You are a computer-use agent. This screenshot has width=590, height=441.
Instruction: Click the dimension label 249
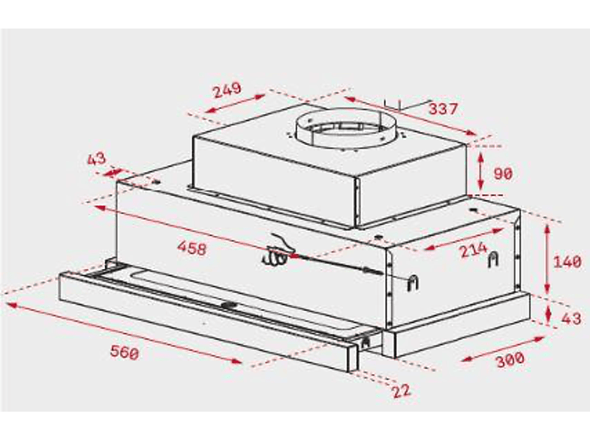(x=227, y=90)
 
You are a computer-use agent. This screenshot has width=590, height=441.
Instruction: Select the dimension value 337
(x=444, y=109)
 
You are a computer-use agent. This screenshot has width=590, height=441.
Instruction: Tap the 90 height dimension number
(x=503, y=174)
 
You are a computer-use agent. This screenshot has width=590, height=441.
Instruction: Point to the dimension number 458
(x=192, y=248)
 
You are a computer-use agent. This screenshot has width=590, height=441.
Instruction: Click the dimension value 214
(x=474, y=250)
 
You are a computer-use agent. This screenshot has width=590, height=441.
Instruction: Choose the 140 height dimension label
(x=567, y=261)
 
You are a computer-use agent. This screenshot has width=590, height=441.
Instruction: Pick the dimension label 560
(x=125, y=352)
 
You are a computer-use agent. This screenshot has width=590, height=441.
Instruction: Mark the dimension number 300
(x=510, y=360)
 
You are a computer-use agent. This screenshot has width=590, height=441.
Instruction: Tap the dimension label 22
(x=402, y=391)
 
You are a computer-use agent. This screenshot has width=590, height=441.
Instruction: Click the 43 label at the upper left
(x=97, y=159)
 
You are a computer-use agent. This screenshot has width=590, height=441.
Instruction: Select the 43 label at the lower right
(x=571, y=319)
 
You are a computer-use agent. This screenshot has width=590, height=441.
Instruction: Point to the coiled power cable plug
(x=278, y=251)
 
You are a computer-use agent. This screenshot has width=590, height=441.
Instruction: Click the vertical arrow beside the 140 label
(x=547, y=258)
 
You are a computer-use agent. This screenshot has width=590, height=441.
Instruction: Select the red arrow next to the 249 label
(x=236, y=104)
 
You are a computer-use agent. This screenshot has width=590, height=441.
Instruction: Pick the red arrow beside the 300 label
(x=503, y=349)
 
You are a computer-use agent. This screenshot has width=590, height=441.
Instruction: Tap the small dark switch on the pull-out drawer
(x=229, y=305)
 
